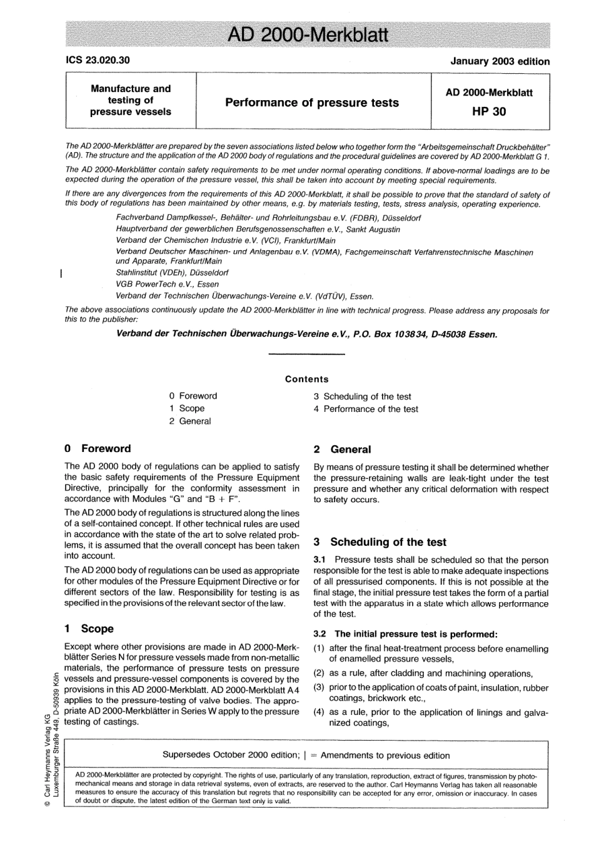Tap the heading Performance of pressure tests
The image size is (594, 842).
(x=311, y=103)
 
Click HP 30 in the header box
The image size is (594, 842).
(x=489, y=112)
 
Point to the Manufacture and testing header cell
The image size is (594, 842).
(x=131, y=100)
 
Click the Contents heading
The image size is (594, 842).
(x=306, y=379)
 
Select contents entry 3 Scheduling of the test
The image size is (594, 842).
(x=362, y=396)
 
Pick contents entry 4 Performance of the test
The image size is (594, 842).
(x=366, y=409)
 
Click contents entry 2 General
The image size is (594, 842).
(x=189, y=421)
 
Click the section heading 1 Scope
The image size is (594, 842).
(x=89, y=629)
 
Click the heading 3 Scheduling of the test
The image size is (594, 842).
(x=380, y=542)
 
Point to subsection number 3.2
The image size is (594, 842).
(x=320, y=634)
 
